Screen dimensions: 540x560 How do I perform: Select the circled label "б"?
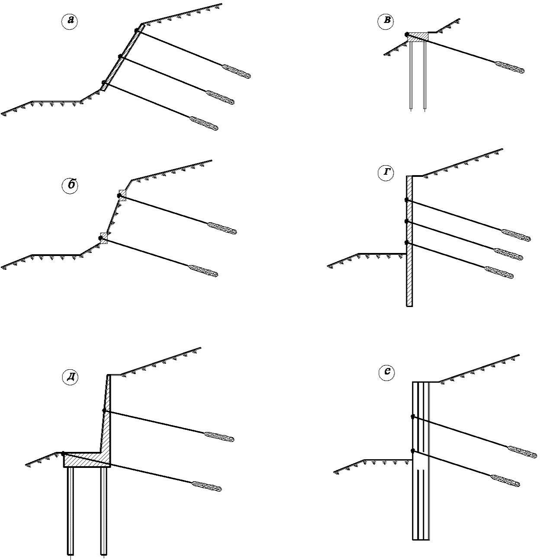(70, 185)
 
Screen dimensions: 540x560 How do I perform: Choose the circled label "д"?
(70, 377)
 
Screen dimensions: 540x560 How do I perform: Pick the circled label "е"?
(386, 373)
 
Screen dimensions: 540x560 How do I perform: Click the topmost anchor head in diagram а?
(137, 30)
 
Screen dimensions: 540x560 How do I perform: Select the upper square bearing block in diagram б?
(122, 195)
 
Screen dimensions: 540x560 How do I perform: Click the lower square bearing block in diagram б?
(103, 237)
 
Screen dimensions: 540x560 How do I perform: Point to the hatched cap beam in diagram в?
(418, 37)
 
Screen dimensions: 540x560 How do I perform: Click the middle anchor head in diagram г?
(407, 221)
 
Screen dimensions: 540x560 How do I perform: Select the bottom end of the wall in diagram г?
(409, 304)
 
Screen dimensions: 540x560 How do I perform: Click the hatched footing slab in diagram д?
(87, 460)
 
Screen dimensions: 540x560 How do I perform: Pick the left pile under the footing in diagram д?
(71, 510)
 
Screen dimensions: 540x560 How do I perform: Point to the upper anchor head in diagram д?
(104, 410)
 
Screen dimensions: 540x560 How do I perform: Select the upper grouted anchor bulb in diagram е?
(522, 451)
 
